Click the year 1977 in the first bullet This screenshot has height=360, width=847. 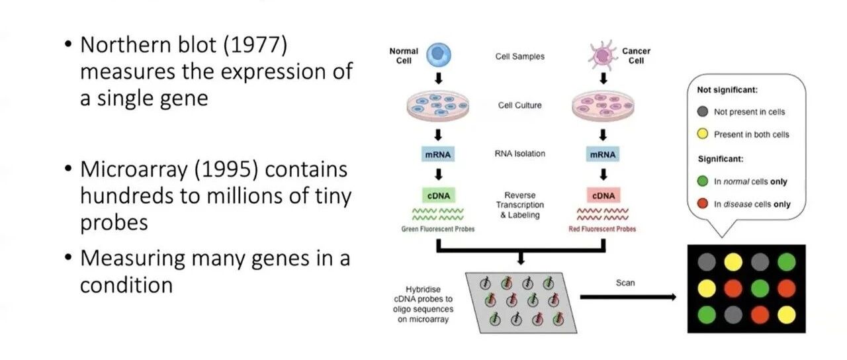pos(255,44)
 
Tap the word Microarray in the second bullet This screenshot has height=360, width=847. pos(134,170)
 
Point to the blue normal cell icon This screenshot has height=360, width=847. pos(439,55)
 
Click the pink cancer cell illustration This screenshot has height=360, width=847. pos(602,56)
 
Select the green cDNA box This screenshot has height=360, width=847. pos(439,195)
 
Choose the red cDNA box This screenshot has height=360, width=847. pos(603,195)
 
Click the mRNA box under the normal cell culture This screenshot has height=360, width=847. pos(438,154)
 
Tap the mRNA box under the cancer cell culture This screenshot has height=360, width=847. pos(603,154)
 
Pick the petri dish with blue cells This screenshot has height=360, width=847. pos(438,105)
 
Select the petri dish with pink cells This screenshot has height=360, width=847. pos(603,105)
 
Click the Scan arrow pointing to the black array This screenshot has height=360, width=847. pos(628,297)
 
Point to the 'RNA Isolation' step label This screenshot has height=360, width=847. pos(520,154)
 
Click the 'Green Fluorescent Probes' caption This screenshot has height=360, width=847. pos(438,229)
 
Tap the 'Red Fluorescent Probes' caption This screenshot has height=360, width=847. pos(602,229)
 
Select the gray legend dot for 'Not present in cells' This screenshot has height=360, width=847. pos(703,112)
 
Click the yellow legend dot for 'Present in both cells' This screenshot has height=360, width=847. pos(703,134)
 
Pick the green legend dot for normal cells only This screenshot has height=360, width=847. pos(703,181)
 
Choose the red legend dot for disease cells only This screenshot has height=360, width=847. pos(703,203)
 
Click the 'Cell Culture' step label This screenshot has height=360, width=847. pos(520,105)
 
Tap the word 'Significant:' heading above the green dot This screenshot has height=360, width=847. pos(721,159)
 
